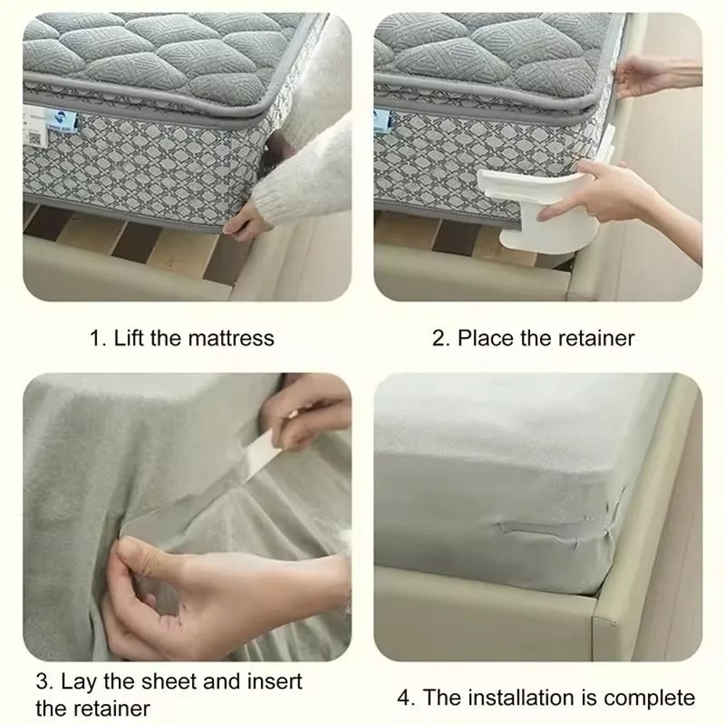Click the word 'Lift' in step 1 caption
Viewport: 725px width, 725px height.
tap(130, 338)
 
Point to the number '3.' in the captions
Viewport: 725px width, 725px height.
tap(45, 681)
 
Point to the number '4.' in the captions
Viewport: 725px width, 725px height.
tap(407, 698)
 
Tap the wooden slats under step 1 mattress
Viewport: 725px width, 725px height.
tap(145, 246)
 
